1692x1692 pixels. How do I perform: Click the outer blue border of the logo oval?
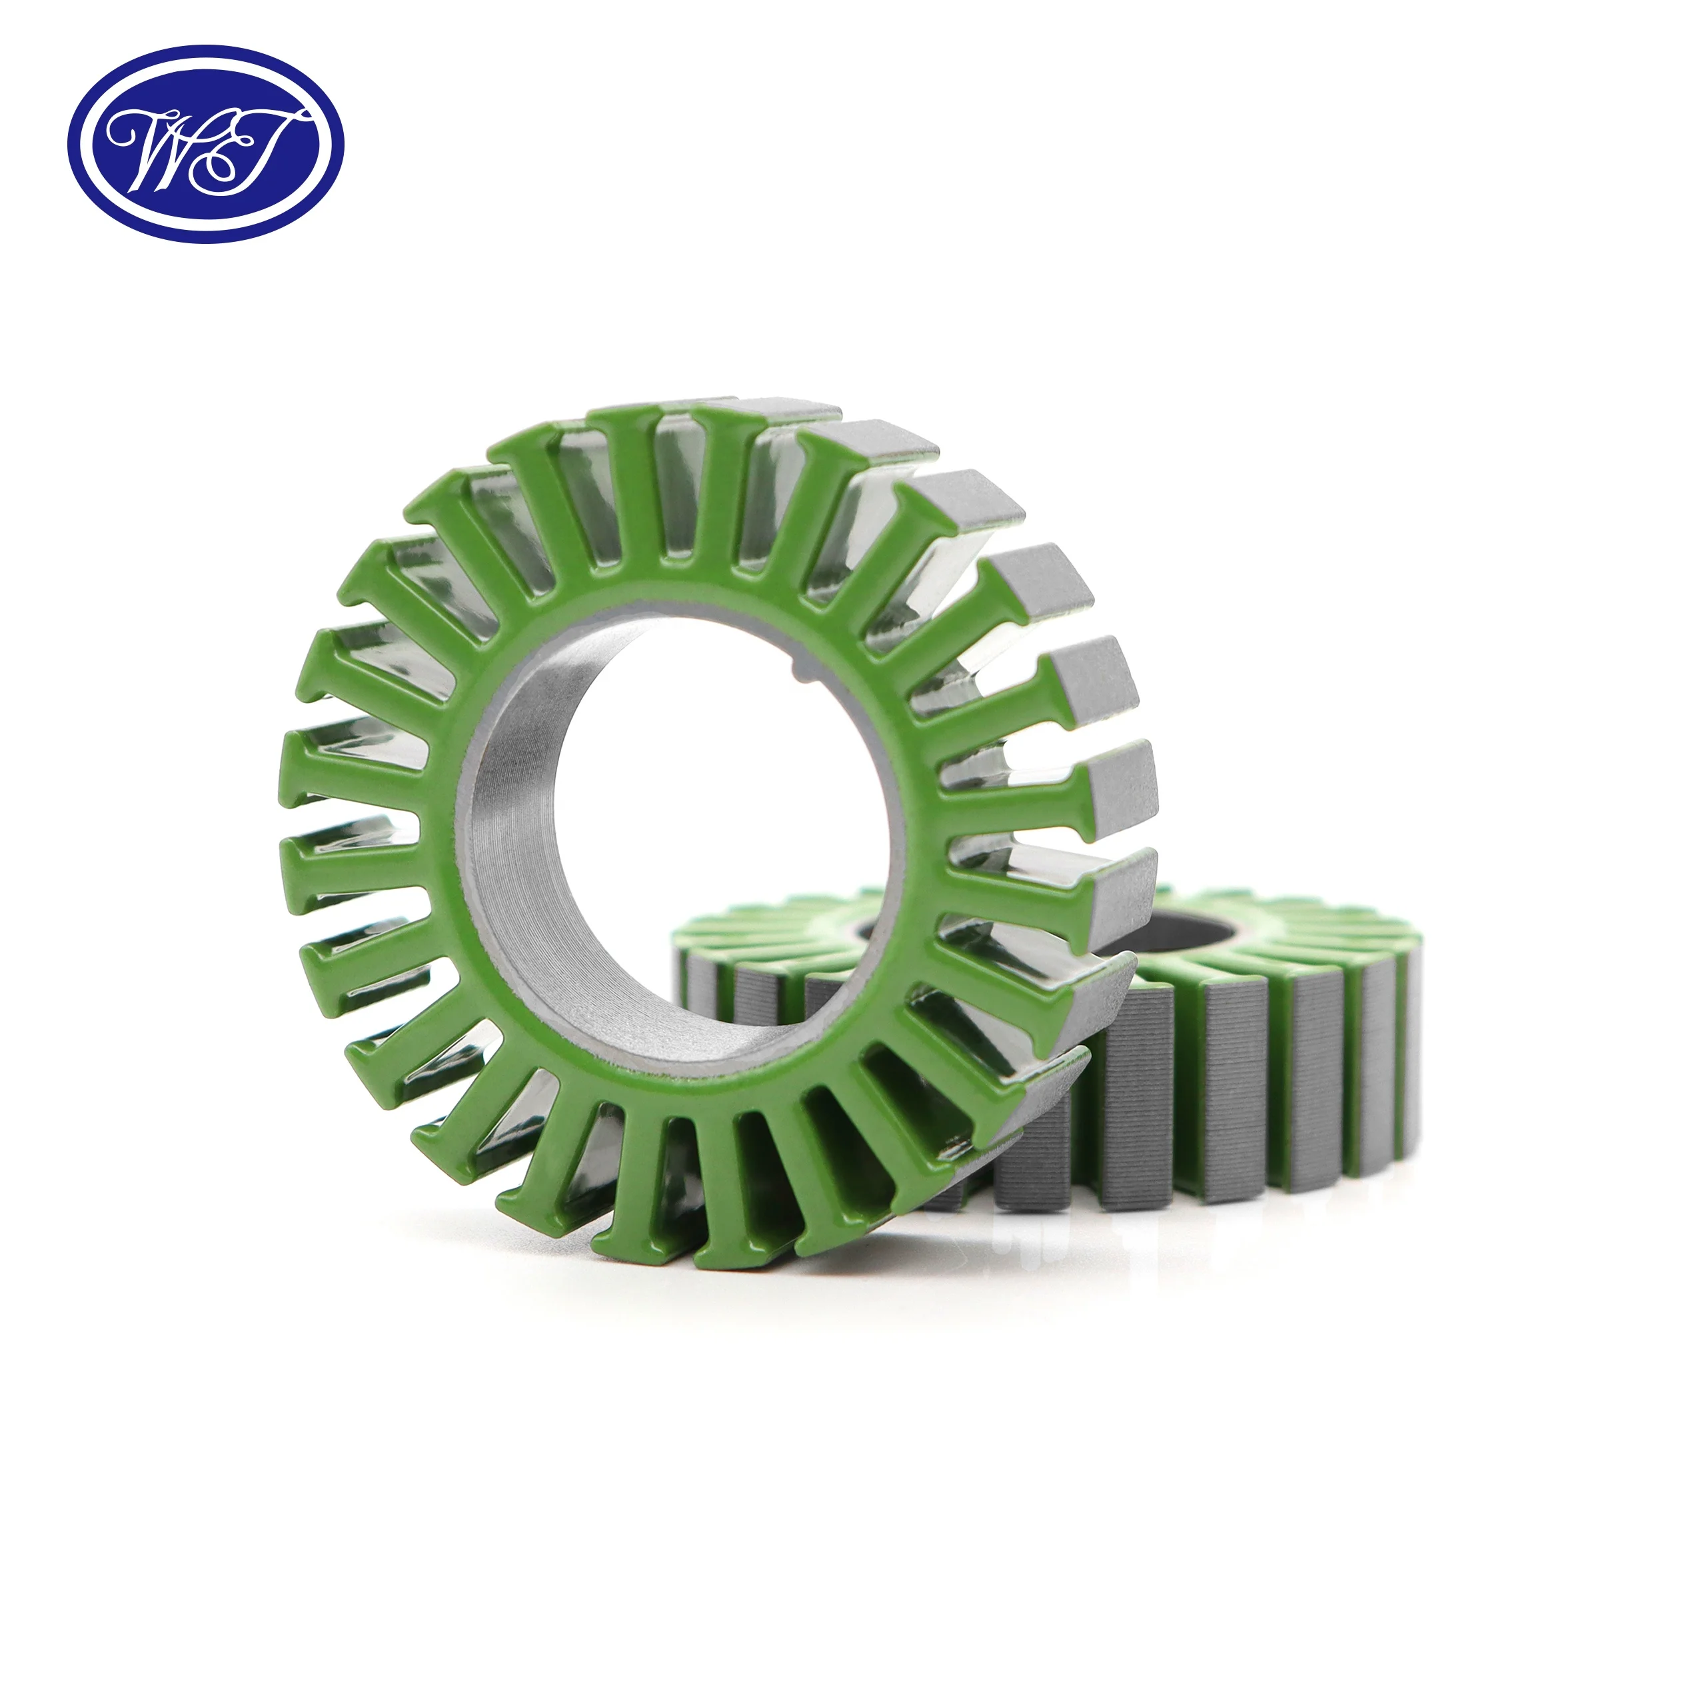pyautogui.click(x=205, y=54)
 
